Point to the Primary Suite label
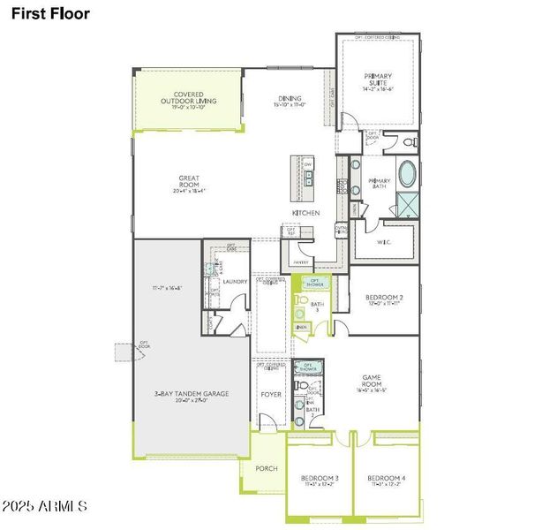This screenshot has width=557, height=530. (378, 80)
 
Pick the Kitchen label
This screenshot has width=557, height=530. (305, 213)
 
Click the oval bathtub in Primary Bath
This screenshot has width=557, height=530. (408, 174)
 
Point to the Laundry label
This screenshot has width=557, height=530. (235, 282)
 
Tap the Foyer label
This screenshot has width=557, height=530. (270, 394)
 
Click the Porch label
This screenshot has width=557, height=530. (266, 468)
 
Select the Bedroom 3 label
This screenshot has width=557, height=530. (319, 479)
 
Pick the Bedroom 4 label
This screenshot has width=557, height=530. (387, 479)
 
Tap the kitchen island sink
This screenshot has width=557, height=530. (308, 178)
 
